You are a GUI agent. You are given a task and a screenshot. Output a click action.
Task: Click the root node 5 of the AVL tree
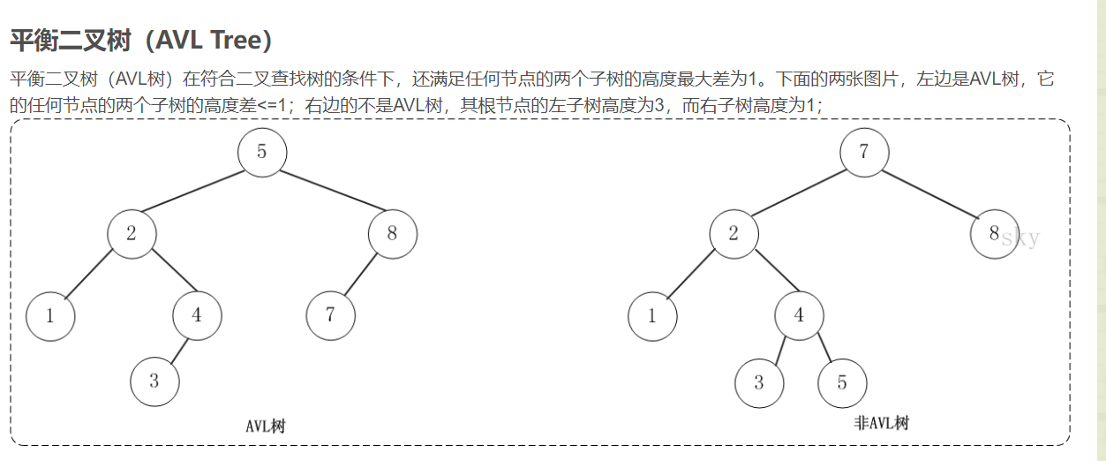point(262,152)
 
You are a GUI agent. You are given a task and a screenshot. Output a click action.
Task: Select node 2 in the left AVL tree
point(132,234)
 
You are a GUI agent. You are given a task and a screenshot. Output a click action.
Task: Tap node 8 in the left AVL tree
point(392,234)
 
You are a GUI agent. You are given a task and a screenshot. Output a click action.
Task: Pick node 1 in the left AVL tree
point(49,315)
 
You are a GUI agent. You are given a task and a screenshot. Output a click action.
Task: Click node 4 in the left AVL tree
point(197,315)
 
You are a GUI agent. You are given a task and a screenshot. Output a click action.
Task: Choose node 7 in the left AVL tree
point(330,315)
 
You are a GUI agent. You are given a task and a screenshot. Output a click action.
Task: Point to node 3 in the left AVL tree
point(154,382)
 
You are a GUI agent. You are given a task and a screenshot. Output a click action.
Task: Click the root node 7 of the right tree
point(864,152)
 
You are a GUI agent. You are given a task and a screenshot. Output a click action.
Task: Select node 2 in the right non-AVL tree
point(734,234)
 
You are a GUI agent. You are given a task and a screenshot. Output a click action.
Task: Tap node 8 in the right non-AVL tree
point(994,234)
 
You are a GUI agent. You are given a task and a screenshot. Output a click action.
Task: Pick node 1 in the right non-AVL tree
point(652,315)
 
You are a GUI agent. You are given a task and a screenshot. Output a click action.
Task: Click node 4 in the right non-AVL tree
point(799,315)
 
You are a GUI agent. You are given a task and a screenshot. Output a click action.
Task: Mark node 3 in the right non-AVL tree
point(758,383)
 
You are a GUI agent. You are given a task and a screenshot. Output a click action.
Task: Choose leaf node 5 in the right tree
point(842,383)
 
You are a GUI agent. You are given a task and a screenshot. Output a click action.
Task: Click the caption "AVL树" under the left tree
point(266,427)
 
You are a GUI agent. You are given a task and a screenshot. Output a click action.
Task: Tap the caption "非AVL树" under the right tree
point(881,423)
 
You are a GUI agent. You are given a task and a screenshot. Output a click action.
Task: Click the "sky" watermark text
point(1021,238)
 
